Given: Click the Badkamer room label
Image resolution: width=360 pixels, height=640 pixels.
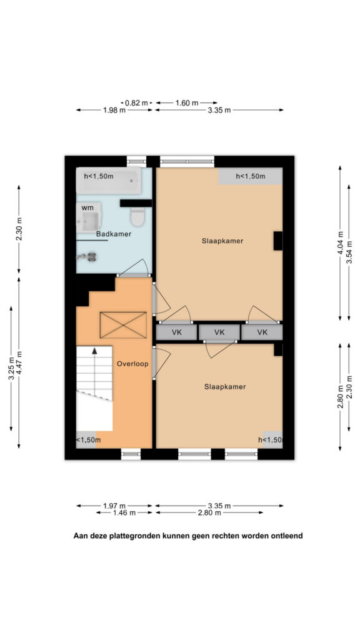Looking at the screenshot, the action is coord(114,234).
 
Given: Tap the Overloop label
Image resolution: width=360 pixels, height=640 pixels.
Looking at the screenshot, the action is coord(132,364).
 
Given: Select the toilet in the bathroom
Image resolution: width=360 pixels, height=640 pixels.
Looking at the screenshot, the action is coord(137,216).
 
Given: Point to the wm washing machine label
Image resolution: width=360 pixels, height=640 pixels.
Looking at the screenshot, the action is coord(87,207).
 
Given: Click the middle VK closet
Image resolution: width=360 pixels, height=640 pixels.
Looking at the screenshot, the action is coord(219,332).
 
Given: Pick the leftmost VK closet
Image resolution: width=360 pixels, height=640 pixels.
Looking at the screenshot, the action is coord(177,332).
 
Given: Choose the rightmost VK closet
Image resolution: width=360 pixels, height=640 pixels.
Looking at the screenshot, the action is coord(262,332).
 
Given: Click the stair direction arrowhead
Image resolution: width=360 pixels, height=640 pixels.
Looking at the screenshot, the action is coord(95,350).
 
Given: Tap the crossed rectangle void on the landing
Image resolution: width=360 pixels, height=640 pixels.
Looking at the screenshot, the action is coord(123,325).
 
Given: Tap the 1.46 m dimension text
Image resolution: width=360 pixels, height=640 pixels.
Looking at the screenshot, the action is coord(124,513).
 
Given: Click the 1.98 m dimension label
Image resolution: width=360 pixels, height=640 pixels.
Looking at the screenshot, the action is coord(114,110).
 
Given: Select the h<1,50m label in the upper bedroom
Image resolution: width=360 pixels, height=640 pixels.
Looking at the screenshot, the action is coord(251,176).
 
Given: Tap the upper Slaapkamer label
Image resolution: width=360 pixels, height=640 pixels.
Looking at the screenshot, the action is coord(222,241).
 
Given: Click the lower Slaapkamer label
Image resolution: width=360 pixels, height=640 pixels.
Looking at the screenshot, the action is coord(225,386).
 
